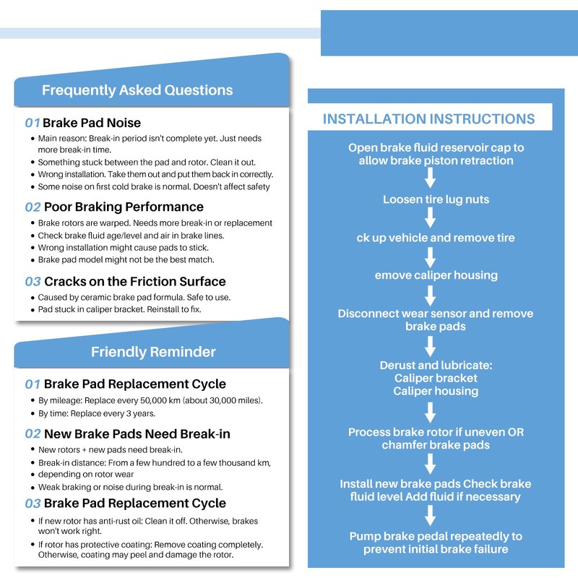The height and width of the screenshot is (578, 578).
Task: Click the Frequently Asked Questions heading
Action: tap(137, 90)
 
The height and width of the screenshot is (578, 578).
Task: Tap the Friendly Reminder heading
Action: tap(153, 352)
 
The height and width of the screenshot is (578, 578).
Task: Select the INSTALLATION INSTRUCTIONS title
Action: tap(428, 119)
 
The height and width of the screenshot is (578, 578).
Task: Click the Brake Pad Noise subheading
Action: tap(92, 123)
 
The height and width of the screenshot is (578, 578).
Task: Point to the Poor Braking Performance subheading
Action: tap(124, 207)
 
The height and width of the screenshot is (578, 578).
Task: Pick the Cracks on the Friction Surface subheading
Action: tap(135, 282)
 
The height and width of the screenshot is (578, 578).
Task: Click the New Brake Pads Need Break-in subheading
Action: tap(137, 434)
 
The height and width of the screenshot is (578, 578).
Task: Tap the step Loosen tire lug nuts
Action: tap(436, 199)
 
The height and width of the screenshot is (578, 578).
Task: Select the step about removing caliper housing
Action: tap(436, 275)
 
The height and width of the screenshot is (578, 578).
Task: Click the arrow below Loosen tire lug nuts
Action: tap(430, 217)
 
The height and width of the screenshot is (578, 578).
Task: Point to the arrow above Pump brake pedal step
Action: tap(430, 515)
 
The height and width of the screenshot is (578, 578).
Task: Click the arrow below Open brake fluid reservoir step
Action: tap(430, 178)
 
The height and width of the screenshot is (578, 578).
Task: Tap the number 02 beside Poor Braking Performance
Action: tap(33, 207)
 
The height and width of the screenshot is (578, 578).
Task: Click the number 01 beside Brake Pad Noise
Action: tap(33, 123)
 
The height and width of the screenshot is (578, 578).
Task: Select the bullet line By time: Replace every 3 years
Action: tap(97, 413)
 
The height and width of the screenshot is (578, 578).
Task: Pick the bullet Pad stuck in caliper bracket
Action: tap(119, 309)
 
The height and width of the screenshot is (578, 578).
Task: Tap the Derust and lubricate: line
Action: tap(436, 366)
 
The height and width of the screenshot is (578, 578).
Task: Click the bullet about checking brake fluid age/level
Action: tap(131, 236)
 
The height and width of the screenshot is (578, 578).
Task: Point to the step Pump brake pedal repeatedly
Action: tap(436, 543)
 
